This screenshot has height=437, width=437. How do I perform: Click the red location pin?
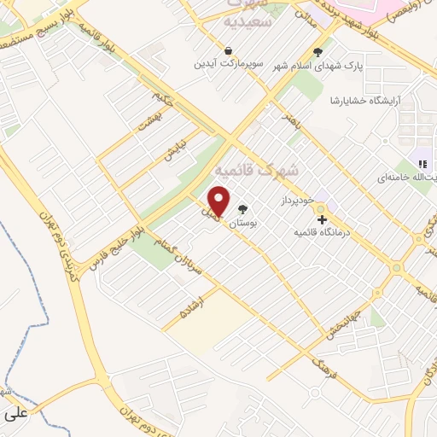[219, 201]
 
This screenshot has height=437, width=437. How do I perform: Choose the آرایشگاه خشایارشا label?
[366, 101]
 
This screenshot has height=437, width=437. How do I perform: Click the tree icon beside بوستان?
[244, 209]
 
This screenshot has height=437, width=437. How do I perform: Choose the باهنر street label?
[294, 123]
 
